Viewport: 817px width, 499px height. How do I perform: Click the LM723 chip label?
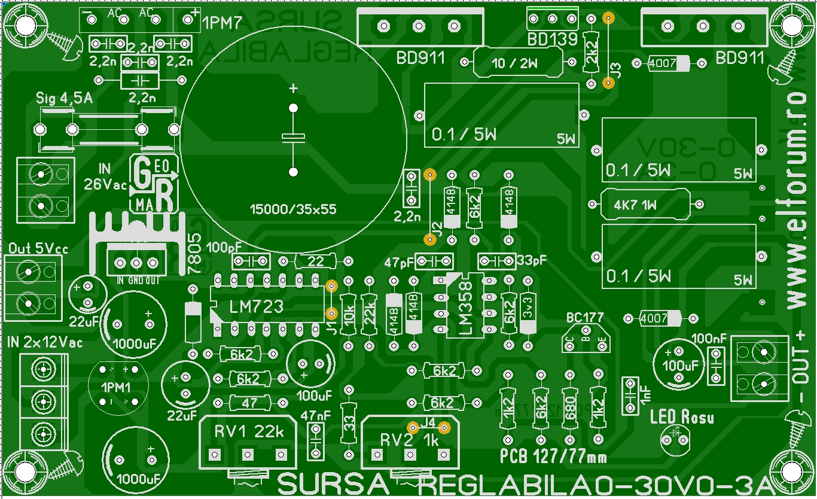coord(256,307)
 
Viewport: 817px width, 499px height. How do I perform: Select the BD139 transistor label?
coord(552,40)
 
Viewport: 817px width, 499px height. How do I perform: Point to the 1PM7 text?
coord(223,24)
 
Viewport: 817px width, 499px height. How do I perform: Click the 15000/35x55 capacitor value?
coord(293,209)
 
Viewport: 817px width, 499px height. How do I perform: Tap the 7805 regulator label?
coord(194,254)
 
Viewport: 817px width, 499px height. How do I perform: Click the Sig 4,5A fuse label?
coord(65,99)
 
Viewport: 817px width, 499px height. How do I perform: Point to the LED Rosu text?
coord(682,418)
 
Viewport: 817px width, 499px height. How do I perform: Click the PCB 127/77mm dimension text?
coord(553,458)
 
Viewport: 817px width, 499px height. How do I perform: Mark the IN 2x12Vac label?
coord(45,343)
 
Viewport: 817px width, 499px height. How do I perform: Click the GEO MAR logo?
coord(154,184)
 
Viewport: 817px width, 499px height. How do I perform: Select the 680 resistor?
coord(569,408)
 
